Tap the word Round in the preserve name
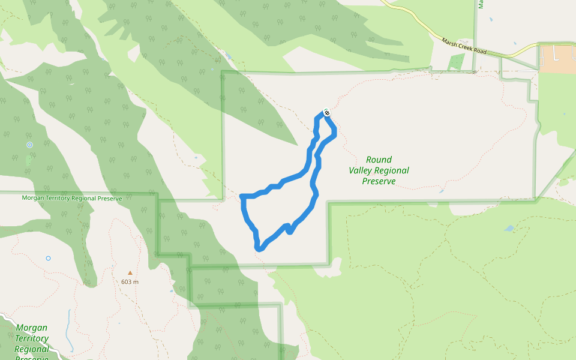pos(379,160)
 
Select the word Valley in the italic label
pos(362,170)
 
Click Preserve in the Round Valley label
pos(379,181)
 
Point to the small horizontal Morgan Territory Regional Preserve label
pos(71,198)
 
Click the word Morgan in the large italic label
pos(31,328)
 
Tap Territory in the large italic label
pos(31,338)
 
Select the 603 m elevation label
pos(130,282)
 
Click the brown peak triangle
pos(130,273)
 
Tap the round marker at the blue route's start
pos(326,112)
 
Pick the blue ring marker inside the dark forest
pos(29,145)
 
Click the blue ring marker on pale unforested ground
pos(48,258)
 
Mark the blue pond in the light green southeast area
pos(509,228)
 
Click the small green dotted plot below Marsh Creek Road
pos(456,62)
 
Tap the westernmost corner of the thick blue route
pos(241,196)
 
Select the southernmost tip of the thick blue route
pos(258,248)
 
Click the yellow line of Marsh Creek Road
pos(420,24)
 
